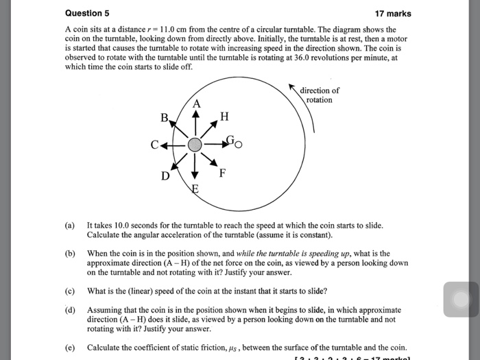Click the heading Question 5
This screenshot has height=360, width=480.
[x=87, y=13]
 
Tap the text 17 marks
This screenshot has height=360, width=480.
[x=393, y=13]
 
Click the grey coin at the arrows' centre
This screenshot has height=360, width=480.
[x=195, y=145]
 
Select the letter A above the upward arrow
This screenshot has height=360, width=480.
[x=196, y=104]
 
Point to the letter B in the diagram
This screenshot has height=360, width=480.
[x=164, y=117]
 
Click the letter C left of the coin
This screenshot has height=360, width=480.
[x=156, y=145]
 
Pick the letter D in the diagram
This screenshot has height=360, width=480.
[x=165, y=176]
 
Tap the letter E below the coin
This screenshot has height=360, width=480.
[x=195, y=189]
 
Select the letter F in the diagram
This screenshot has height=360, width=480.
[x=222, y=172]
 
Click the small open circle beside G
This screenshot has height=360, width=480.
[x=239, y=145]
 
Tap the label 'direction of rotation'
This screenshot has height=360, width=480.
[x=320, y=95]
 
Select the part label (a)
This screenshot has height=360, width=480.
[x=70, y=225]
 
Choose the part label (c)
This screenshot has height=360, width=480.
[x=70, y=290]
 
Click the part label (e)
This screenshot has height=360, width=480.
[x=70, y=346]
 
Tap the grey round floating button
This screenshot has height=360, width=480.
[x=461, y=300]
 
